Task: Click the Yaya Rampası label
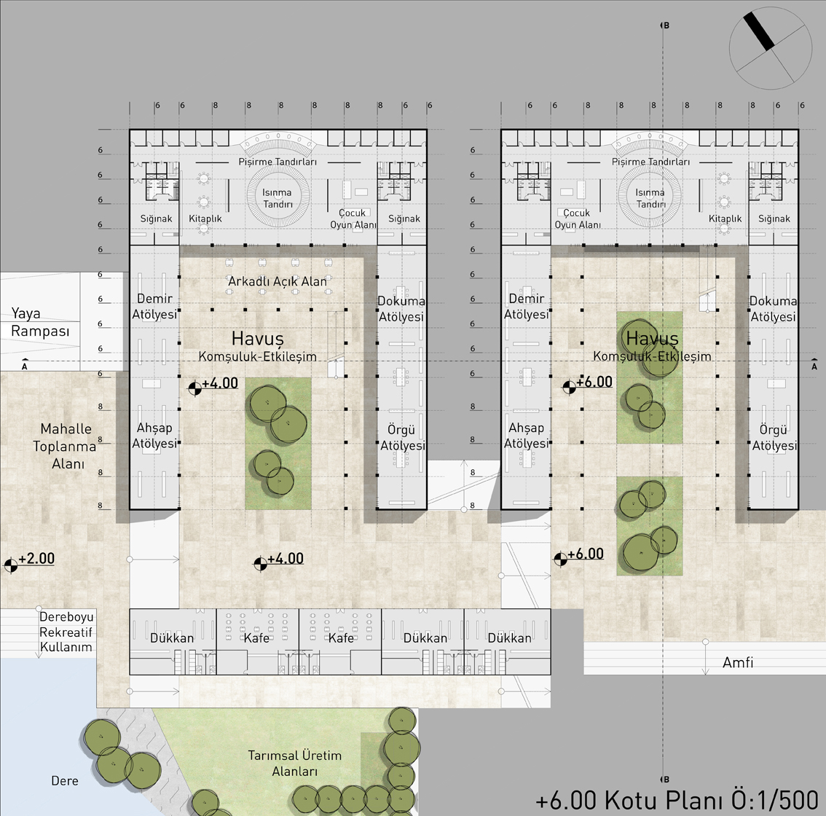point(40,323)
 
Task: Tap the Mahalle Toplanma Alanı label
point(66,446)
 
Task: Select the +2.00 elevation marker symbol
point(10,565)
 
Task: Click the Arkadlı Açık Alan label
point(277,281)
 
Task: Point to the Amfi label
point(737,662)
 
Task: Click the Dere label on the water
point(65,781)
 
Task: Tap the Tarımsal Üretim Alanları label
point(295,764)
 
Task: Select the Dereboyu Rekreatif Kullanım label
point(66,632)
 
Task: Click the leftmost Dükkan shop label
point(172,638)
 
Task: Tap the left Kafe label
point(256,638)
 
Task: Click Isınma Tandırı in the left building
point(278,198)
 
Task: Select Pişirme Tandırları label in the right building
point(650,162)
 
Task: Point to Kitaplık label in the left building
point(205,219)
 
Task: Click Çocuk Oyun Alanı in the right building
point(578,219)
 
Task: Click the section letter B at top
point(666,25)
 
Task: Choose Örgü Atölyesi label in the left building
point(403,437)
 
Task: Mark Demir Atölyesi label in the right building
point(526,306)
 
